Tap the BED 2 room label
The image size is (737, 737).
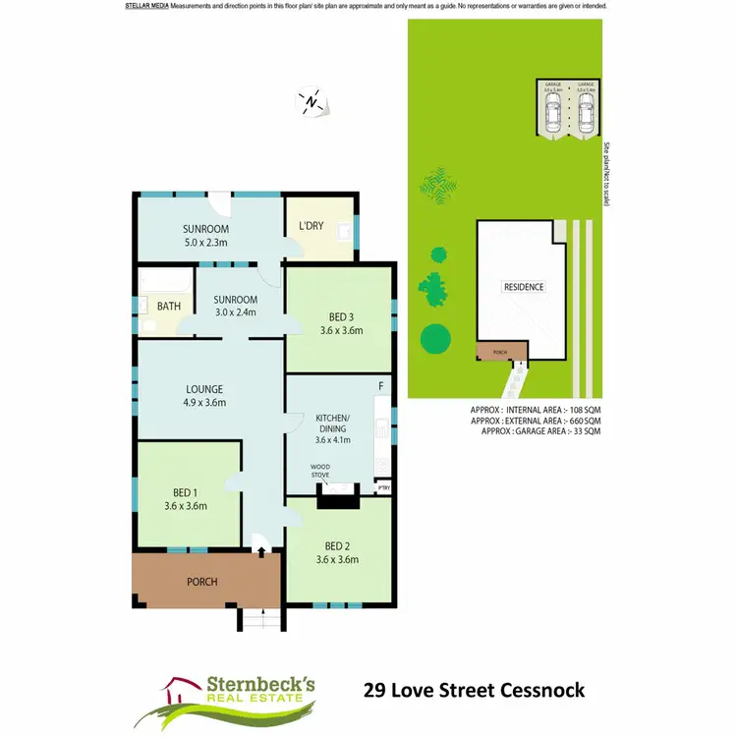[x=337, y=545]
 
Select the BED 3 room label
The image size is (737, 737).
[x=340, y=316]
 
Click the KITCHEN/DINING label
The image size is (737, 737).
[x=332, y=423]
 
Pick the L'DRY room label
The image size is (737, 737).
[x=311, y=226]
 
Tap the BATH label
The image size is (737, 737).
[x=169, y=306]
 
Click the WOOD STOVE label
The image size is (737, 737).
[x=320, y=471]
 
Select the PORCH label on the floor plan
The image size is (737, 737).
[x=201, y=582]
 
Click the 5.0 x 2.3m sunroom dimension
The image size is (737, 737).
[x=205, y=242]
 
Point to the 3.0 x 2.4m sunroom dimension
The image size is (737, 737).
[x=235, y=313]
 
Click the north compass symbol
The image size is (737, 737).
[x=311, y=101]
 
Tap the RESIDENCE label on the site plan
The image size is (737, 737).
[x=524, y=287]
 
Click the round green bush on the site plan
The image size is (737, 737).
[x=436, y=338]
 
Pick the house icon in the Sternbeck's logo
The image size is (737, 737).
[x=180, y=687]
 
